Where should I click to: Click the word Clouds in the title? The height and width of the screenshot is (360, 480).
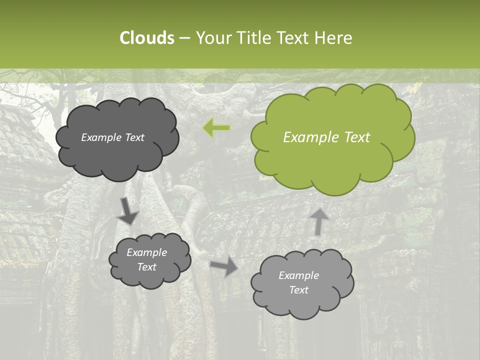click(x=146, y=38)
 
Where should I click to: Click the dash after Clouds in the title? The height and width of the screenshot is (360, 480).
click(x=184, y=38)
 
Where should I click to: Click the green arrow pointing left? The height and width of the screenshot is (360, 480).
click(x=216, y=128)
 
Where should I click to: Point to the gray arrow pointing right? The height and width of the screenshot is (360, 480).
click(x=225, y=266)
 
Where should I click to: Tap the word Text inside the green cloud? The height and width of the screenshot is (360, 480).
click(x=357, y=137)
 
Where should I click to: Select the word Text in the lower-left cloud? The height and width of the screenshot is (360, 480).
click(x=146, y=267)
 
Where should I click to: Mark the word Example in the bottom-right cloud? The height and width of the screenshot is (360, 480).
click(x=298, y=275)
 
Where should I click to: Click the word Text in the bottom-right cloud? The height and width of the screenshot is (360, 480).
click(x=298, y=290)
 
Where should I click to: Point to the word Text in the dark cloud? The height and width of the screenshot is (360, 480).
click(x=134, y=137)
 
